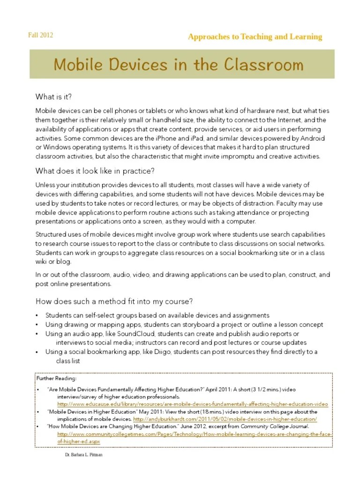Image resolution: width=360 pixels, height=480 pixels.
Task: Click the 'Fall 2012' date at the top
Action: click(x=41, y=35)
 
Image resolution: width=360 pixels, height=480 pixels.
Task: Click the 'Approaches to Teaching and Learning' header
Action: click(x=255, y=37)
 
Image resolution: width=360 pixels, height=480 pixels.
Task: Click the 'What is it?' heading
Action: click(x=54, y=97)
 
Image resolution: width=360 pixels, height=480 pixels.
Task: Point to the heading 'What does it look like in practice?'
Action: click(x=95, y=170)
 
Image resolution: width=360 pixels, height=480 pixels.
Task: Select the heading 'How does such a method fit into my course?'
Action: click(x=114, y=300)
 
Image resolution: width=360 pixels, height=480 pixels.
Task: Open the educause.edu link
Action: click(x=193, y=404)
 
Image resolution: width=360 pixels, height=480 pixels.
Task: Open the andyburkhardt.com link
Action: click(x=225, y=419)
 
